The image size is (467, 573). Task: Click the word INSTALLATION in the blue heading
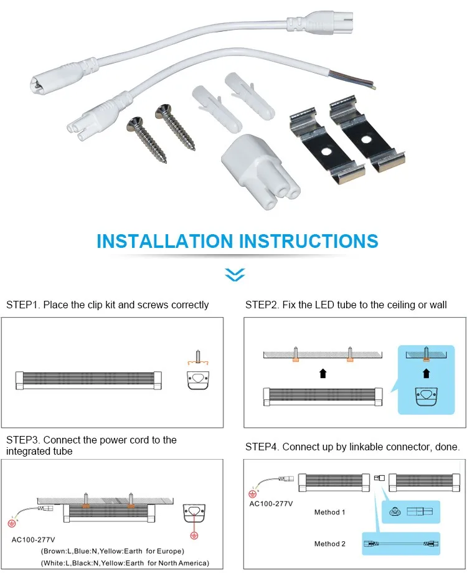tap(164, 241)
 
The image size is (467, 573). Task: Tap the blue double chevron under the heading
tap(235, 274)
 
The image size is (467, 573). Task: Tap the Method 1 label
tap(330, 512)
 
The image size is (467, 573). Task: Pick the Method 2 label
tap(330, 544)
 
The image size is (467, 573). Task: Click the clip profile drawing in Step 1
tap(197, 379)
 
